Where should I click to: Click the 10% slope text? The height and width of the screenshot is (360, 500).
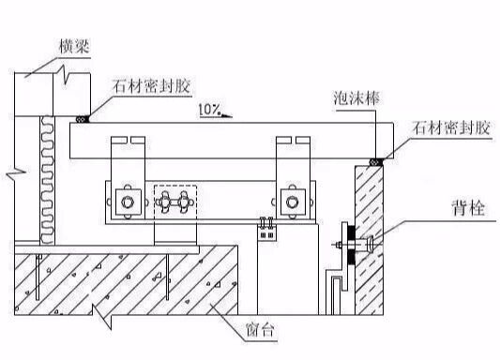pyautogui.click(x=209, y=111)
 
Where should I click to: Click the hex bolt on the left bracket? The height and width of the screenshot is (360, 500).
pyautogui.click(x=125, y=201)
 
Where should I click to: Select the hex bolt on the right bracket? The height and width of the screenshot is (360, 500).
pyautogui.click(x=291, y=200)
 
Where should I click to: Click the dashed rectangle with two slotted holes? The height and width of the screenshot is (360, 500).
pyautogui.click(x=172, y=201)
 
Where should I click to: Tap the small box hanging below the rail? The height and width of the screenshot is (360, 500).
pyautogui.click(x=267, y=231)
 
